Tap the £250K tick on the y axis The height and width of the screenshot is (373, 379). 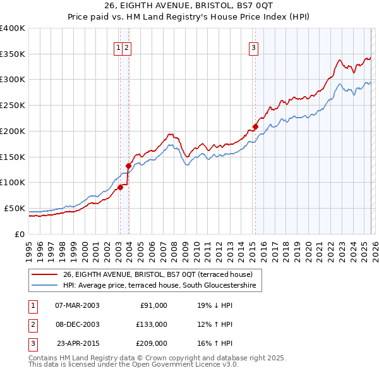point(13,106)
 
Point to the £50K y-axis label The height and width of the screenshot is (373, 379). point(15,208)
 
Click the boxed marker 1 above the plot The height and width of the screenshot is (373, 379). point(118,47)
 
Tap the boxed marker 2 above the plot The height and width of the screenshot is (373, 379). point(127,47)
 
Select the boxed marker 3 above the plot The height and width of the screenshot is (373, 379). point(253,47)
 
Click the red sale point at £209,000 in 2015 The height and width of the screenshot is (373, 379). point(256,126)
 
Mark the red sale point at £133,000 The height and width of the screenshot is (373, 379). point(128,166)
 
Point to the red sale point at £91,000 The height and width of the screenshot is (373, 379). point(120,187)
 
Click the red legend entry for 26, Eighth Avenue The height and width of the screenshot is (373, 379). point(157,274)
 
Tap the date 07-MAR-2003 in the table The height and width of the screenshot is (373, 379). point(77,305)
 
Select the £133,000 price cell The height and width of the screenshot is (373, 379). point(151,324)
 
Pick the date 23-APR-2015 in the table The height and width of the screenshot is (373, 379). point(77,343)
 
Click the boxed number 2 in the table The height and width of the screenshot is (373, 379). point(32,324)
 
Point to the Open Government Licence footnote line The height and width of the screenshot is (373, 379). point(134,365)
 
